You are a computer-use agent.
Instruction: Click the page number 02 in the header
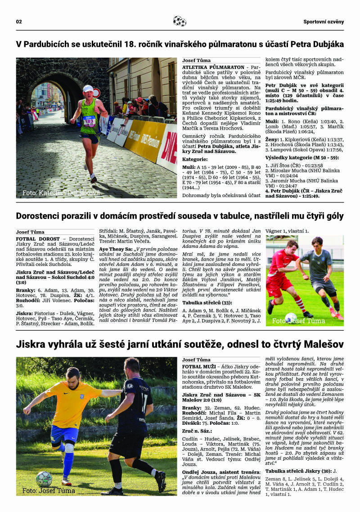19,22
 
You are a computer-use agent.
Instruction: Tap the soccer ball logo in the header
179,21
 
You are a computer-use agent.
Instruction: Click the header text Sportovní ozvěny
323,22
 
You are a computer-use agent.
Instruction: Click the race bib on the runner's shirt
89,121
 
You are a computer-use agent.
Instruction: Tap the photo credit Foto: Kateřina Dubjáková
61,193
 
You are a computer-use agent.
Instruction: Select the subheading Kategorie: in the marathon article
195,159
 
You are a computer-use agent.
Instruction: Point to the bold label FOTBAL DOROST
37,239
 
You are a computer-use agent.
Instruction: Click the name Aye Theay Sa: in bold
115,248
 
